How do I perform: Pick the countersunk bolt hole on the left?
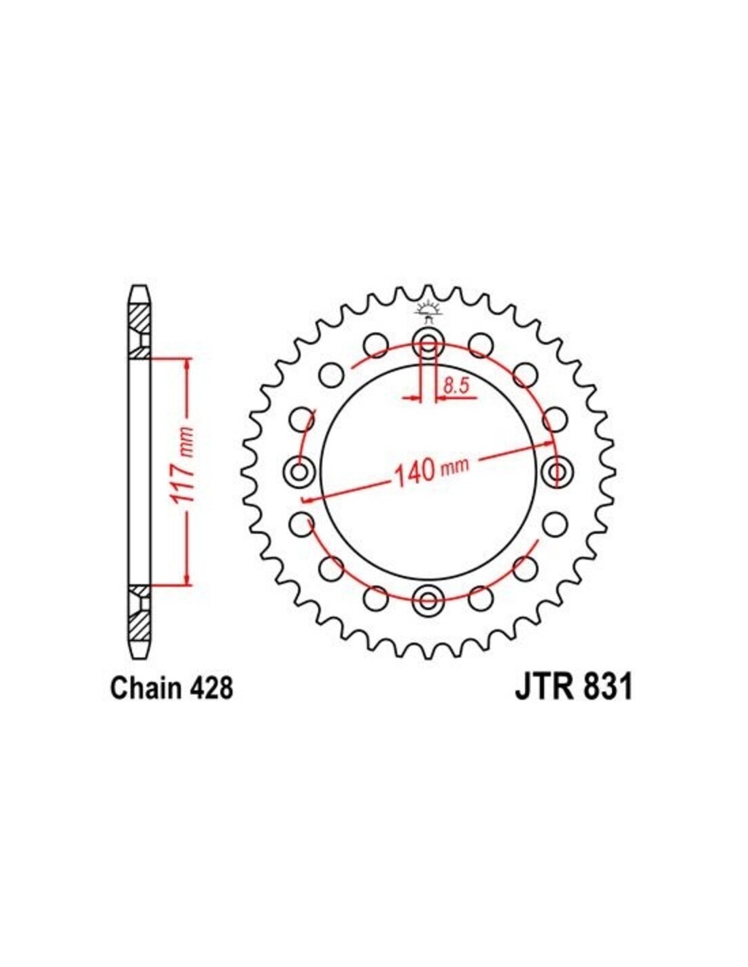point(299,471)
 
